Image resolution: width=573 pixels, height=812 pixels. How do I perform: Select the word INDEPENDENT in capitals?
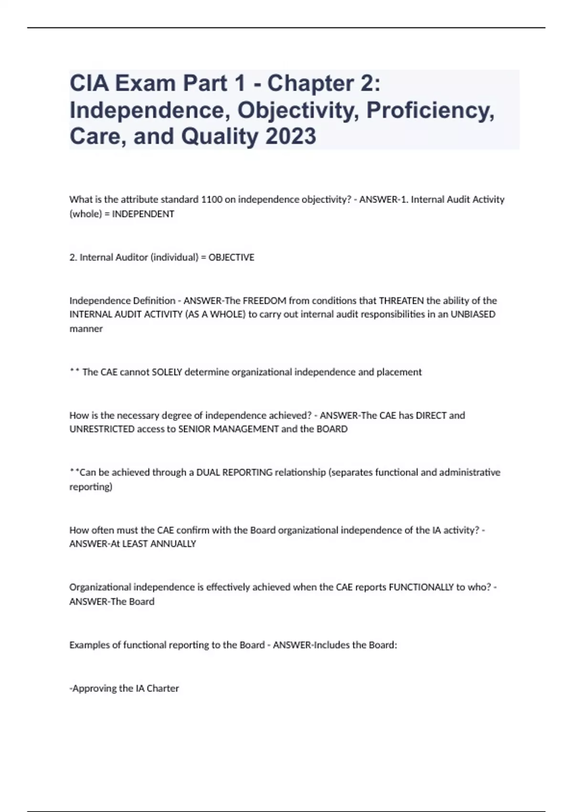tap(143, 214)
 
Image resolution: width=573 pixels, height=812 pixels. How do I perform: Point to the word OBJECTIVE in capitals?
tap(231, 257)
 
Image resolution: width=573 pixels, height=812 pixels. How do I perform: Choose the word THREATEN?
tap(401, 300)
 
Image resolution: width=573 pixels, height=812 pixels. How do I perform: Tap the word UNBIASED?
tap(473, 314)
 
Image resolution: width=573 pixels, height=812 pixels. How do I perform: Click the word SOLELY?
tap(167, 372)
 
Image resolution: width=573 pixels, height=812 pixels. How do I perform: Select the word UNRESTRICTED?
tap(102, 429)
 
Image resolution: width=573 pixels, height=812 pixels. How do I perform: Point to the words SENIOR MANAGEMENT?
tap(228, 429)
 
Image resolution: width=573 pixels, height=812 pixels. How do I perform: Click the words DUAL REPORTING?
tap(234, 472)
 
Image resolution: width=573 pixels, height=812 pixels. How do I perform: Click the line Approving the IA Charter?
tap(124, 688)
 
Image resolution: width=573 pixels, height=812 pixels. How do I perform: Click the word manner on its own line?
tap(86, 329)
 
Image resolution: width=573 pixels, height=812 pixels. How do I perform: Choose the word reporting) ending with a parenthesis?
tap(91, 487)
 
